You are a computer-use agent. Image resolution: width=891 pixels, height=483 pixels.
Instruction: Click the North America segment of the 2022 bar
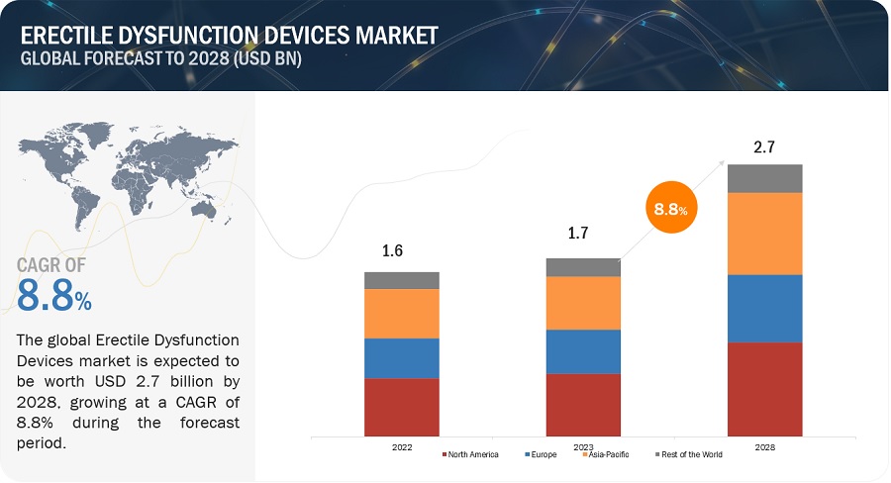[402, 407]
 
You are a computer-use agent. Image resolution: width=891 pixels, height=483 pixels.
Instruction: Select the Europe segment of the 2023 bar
[583, 351]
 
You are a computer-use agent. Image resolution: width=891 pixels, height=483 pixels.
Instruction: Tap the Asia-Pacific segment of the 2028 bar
[764, 234]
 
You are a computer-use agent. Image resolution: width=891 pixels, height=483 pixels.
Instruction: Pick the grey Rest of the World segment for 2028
[764, 178]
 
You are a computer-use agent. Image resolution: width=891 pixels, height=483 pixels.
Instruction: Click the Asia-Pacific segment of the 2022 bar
[402, 314]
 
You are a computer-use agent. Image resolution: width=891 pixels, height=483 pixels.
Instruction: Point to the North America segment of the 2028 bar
[764, 389]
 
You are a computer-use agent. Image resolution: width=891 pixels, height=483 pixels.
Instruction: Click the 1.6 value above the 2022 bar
[392, 251]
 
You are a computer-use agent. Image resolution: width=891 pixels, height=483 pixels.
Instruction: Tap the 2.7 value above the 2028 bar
[764, 146]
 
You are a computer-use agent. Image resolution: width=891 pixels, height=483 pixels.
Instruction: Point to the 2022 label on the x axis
[402, 447]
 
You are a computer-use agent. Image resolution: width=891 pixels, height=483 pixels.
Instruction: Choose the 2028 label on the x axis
[764, 447]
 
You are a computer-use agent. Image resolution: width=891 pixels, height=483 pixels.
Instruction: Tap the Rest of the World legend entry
[691, 455]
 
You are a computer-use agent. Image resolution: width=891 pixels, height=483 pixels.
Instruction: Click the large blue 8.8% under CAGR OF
[55, 294]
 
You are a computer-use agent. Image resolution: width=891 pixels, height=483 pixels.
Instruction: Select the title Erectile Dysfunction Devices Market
[229, 36]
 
